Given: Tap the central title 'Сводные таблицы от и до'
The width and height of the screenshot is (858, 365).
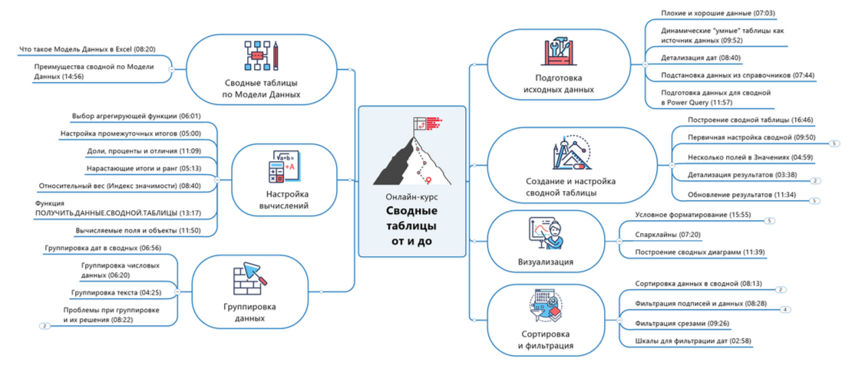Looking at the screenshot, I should click(x=411, y=225).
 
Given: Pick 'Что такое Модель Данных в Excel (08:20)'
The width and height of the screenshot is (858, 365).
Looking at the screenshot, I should click(x=87, y=49).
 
